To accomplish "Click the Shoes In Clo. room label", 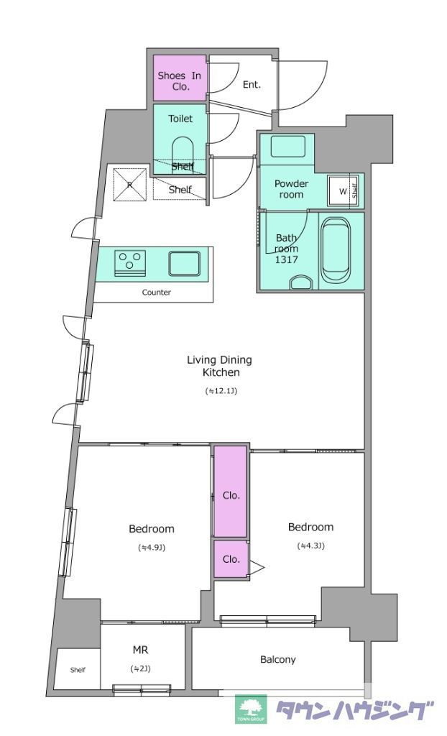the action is point(180,80).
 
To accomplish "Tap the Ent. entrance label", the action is point(252,85).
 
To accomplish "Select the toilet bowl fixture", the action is point(183,152).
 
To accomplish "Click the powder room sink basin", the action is point(288,147).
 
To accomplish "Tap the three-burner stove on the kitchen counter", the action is point(129,262).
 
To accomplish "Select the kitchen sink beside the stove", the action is point(185,263).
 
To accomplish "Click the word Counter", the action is point(157,293).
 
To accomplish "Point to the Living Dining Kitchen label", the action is point(219,366).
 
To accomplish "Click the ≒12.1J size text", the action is point(221,390).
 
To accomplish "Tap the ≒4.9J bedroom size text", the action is point(151,547).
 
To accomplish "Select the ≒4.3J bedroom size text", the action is point(310,546).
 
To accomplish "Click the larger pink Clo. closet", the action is point(230,490).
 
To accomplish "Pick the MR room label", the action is point(140,650).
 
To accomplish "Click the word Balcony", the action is point(278,660).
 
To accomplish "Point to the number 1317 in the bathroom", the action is point(287,259).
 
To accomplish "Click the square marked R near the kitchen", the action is point(129,183).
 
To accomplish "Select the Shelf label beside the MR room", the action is point(78,670).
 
